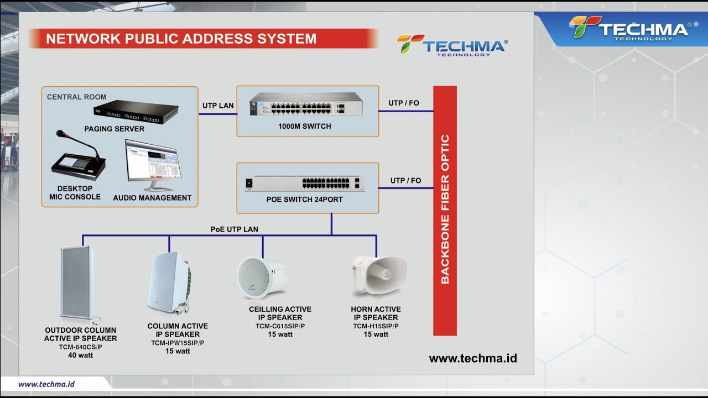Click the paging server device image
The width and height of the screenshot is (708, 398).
tap(136, 113)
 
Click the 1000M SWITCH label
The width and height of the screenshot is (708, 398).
tap(304, 127)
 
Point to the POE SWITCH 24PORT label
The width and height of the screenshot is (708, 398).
tap(304, 200)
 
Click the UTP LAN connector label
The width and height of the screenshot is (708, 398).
tap(218, 106)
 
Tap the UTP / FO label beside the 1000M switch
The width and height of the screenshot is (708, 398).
tap(404, 103)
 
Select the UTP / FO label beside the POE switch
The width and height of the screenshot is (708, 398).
tap(405, 181)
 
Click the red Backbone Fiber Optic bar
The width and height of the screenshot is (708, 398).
tap(445, 210)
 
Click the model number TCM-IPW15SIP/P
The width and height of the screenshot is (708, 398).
tap(178, 343)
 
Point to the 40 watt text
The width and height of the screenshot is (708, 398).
tap(80, 355)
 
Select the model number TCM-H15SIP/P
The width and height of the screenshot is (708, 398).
tap(376, 326)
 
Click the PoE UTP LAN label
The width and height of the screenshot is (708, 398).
tap(234, 229)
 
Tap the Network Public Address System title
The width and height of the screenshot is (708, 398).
tap(181, 39)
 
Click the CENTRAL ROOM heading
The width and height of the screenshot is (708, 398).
tap(76, 97)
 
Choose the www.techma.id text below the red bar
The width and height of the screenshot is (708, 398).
tap(473, 358)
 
